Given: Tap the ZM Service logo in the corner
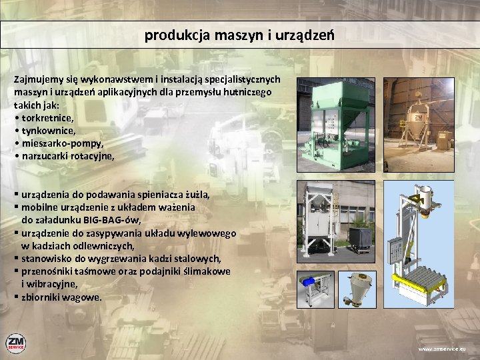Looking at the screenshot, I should (x=16, y=343).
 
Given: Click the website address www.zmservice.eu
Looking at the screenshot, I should (x=443, y=349).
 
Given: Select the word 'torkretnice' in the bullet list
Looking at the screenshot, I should (x=47, y=118).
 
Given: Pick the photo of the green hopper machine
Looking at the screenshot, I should (x=337, y=123).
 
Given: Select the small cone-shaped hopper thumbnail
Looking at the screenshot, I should (x=357, y=288).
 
